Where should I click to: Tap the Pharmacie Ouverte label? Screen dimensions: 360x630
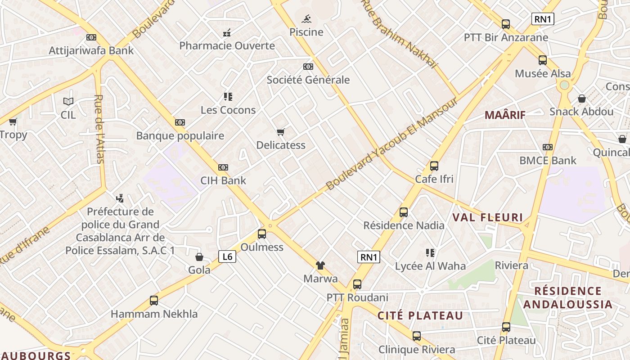tap(227, 45)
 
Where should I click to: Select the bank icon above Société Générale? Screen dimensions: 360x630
tap(308, 67)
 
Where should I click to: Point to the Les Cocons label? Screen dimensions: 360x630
tap(228, 110)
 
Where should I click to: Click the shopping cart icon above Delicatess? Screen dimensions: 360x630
tap(281, 132)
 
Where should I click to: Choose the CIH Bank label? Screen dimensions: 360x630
tap(223, 180)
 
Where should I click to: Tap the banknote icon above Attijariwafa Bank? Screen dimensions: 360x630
tap(91, 37)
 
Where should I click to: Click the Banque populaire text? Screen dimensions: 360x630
tap(180, 135)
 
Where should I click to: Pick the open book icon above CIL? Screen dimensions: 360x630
tap(68, 102)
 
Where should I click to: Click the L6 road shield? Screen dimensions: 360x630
tap(227, 256)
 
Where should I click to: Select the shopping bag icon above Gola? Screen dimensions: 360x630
tap(199, 257)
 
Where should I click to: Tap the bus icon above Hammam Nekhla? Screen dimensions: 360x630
tap(154, 300)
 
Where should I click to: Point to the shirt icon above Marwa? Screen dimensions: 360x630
tap(320, 265)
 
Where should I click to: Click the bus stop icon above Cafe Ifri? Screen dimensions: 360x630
tap(434, 166)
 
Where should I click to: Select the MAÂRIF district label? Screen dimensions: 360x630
tap(505, 115)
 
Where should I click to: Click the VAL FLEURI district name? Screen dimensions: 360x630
tap(487, 218)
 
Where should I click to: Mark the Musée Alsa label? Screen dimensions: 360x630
tap(543, 73)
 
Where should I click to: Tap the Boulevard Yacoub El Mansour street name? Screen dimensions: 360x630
tap(391, 144)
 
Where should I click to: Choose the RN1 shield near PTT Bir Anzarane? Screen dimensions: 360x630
tap(543, 19)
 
